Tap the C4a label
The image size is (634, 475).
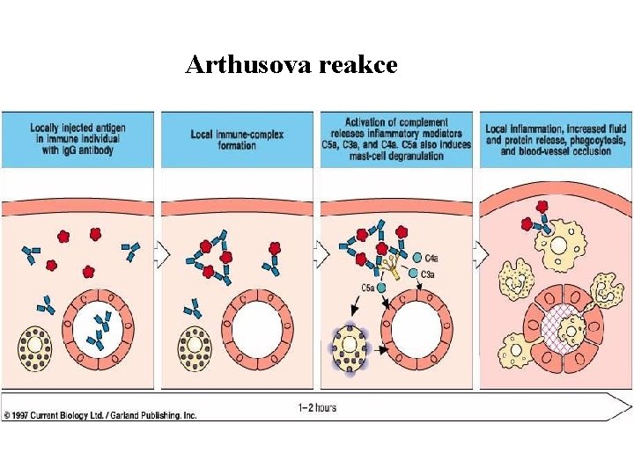pos(431,259)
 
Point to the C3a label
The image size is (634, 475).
pos(427,274)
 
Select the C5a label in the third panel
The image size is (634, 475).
pos(368,288)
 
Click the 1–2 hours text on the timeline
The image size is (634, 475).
pos(317,407)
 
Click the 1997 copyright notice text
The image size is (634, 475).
pos(100,415)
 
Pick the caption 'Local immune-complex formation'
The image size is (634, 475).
pos(235,140)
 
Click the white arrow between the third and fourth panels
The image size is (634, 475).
pos(480,255)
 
